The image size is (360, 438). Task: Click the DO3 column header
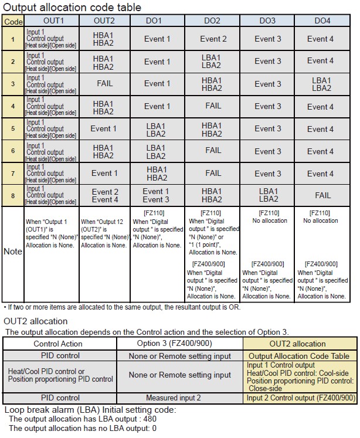point(267,21)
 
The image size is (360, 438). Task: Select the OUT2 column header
point(104,21)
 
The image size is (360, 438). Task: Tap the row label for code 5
point(13,128)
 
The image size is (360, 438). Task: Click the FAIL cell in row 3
point(104,83)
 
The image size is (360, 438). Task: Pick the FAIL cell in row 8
point(322,195)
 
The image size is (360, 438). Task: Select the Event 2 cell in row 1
point(213,39)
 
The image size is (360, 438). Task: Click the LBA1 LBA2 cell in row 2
point(212,61)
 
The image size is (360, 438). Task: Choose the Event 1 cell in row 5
point(104,128)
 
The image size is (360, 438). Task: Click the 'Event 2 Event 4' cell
point(105,195)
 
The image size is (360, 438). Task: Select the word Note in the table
point(13,251)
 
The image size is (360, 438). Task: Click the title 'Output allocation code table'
point(72,7)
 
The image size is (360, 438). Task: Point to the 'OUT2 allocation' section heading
point(35,321)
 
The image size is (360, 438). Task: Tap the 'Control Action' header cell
point(58,344)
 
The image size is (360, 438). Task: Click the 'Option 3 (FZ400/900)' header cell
point(179,344)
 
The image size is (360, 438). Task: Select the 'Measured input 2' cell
point(179,398)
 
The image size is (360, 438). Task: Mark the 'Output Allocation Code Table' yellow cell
point(299,356)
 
